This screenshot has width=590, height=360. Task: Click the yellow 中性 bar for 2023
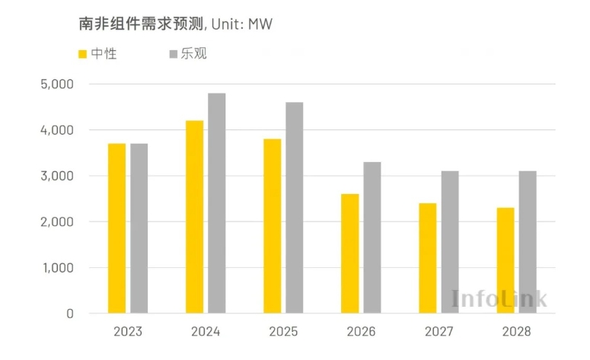116,228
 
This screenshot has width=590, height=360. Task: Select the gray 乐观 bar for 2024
217,203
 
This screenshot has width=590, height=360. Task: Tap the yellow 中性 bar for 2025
273,226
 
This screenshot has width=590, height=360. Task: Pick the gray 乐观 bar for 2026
372,237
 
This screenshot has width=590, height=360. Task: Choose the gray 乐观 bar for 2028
528,242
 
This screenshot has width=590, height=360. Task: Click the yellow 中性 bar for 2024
194,217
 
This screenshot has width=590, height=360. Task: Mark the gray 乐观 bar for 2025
295,208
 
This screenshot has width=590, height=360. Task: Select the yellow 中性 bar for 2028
505,260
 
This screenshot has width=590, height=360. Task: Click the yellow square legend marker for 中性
83,54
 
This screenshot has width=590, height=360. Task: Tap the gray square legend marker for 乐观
173,54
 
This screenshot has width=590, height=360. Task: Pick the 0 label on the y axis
69,314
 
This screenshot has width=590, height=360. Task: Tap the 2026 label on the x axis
361,332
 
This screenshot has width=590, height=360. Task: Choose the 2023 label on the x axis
128,332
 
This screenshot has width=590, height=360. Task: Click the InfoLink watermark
499,298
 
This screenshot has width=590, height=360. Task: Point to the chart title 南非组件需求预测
141,24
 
